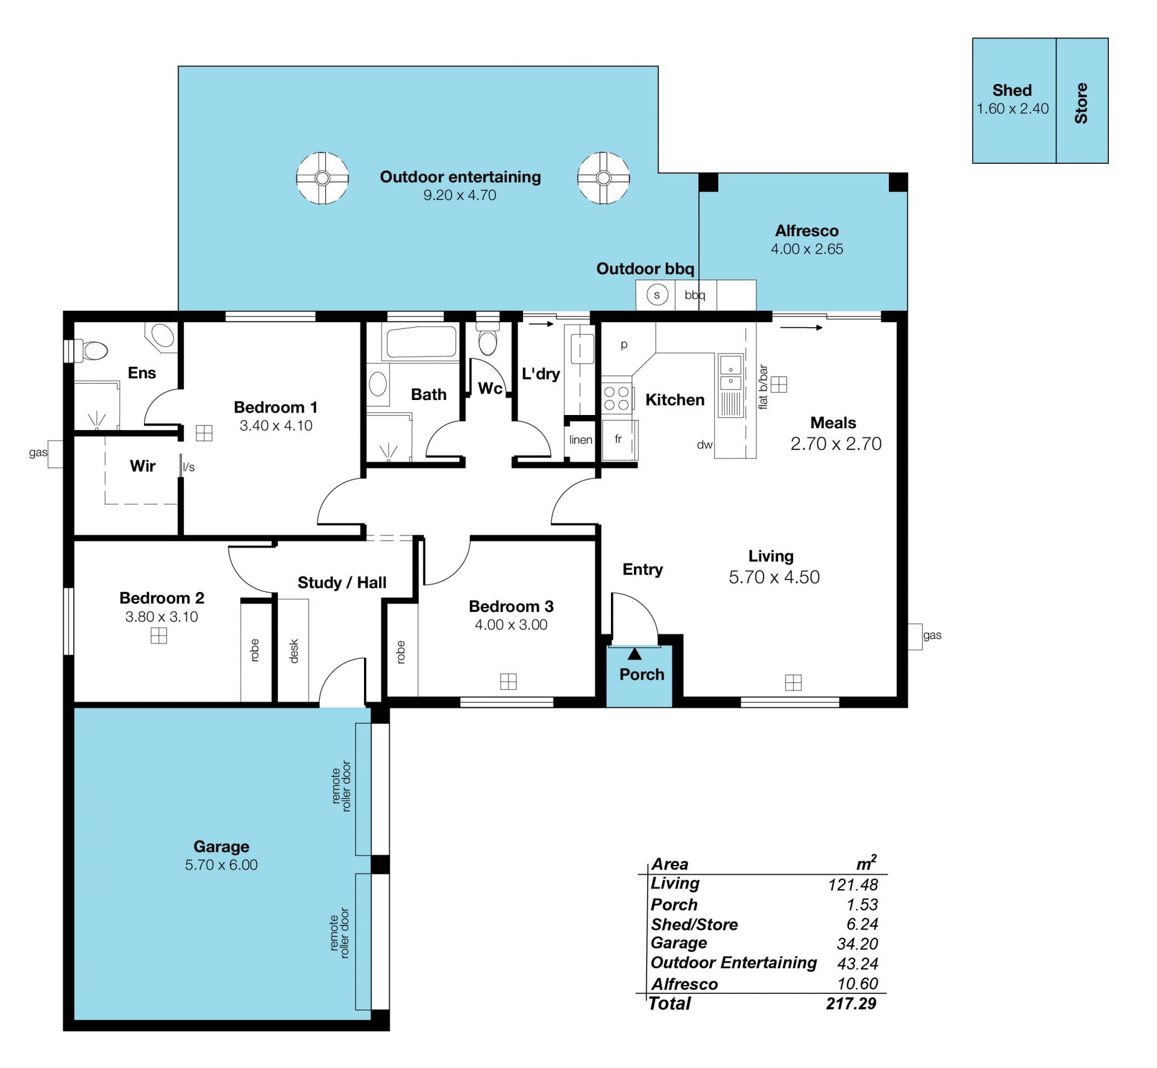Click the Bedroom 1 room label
point(275,407)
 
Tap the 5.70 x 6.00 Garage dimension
point(221,865)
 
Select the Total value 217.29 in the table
point(851,1004)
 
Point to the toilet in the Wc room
point(488,337)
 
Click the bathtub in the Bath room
point(421,343)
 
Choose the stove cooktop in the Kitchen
point(616,398)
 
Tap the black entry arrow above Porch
point(635,654)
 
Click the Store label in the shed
point(1082,104)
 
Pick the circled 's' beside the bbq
point(657,295)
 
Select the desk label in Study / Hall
point(294,651)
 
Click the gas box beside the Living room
point(915,636)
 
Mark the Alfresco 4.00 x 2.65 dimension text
point(807,249)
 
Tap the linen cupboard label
point(581,440)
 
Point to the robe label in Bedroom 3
point(401,652)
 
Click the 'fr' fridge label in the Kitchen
point(618,439)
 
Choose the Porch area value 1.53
point(862,905)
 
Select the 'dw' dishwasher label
point(705,445)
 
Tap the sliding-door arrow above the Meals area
point(801,328)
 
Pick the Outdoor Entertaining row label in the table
point(734,963)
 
